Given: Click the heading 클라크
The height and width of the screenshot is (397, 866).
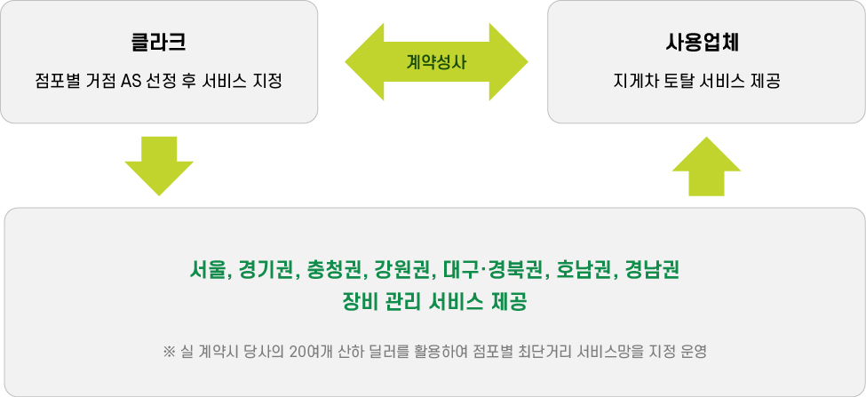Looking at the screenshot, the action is pos(158,42).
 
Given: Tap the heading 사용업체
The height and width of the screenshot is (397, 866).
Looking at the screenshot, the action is pos(706,42).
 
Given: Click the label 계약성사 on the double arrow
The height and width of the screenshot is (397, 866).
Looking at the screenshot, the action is pos(436,62).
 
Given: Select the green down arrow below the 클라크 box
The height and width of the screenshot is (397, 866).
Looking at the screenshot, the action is pos(159,165).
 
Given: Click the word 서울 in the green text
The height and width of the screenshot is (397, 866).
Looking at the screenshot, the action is pos(209,268).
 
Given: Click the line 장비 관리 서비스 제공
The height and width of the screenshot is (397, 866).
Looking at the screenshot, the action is pos(434,301).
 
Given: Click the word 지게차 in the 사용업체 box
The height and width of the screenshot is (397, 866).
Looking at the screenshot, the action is pos(631,83).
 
